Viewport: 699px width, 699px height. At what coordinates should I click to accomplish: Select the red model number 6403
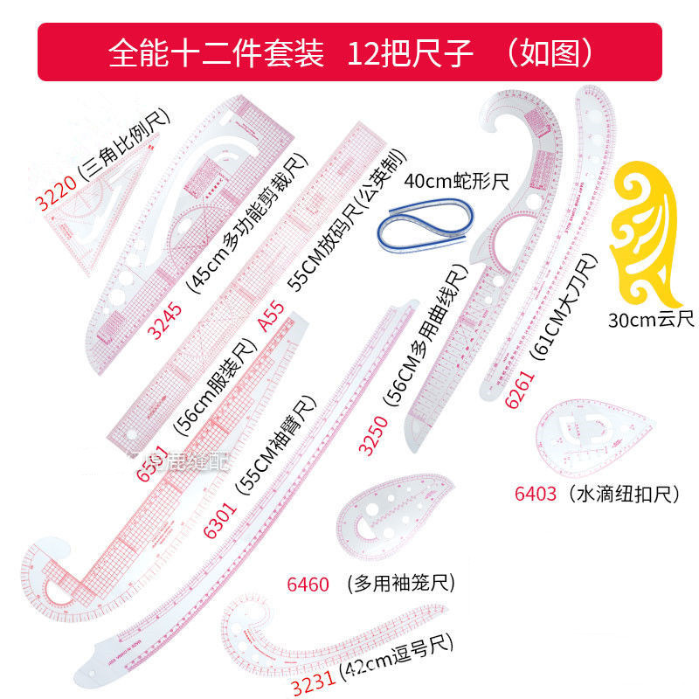pos(535,495)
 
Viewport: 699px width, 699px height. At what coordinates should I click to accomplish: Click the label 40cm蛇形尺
pos(456,183)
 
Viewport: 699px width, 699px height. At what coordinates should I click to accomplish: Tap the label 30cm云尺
pos(651,319)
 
